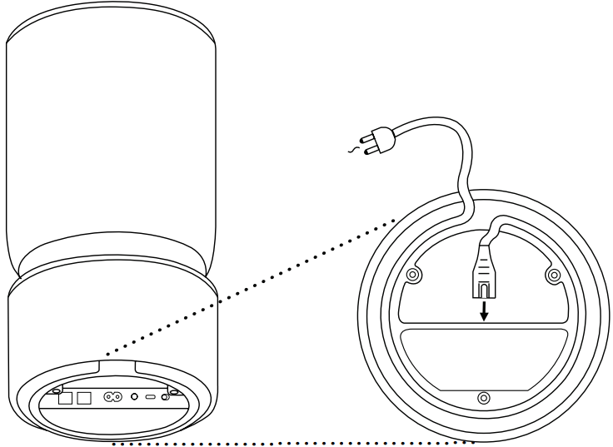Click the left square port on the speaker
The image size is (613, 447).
65,398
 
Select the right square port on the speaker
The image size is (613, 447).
83,398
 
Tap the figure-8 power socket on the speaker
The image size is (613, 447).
112,398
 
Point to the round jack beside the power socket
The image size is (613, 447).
133,398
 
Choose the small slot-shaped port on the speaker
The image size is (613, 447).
150,398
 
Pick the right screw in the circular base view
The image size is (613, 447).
552,274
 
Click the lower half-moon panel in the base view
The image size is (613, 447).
484,358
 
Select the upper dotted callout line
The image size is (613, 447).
250,282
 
